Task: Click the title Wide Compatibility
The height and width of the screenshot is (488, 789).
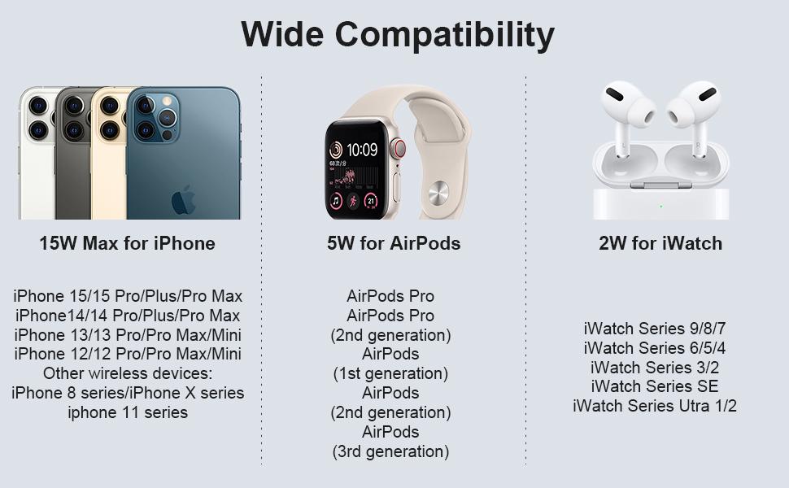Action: point(398,35)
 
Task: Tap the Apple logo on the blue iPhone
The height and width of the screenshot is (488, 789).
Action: point(184,200)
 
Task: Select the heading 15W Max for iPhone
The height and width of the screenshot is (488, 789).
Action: point(128,243)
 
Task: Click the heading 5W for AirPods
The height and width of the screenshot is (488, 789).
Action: point(394,243)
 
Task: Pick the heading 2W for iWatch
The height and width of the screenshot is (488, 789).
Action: point(660,243)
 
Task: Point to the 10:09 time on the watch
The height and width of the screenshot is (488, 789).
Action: point(362,150)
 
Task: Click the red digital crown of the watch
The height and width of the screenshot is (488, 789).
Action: point(399,148)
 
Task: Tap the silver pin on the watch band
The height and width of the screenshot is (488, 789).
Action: point(438,193)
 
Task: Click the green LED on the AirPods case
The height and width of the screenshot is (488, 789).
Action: point(660,207)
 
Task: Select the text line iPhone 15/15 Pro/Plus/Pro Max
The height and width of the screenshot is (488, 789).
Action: point(128,296)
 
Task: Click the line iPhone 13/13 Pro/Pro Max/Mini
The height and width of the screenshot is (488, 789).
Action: point(128,334)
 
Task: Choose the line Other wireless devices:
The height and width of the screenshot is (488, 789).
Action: point(128,373)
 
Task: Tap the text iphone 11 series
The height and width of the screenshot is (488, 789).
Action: point(128,412)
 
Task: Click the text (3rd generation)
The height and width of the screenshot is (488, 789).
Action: point(390,451)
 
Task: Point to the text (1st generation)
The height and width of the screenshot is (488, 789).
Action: point(390,373)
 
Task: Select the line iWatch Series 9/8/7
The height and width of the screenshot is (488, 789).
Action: point(655,329)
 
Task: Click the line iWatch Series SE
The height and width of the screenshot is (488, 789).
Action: point(655,386)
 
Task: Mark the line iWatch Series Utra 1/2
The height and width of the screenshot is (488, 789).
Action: point(655,406)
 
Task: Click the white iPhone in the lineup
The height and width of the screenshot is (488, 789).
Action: point(37,154)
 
